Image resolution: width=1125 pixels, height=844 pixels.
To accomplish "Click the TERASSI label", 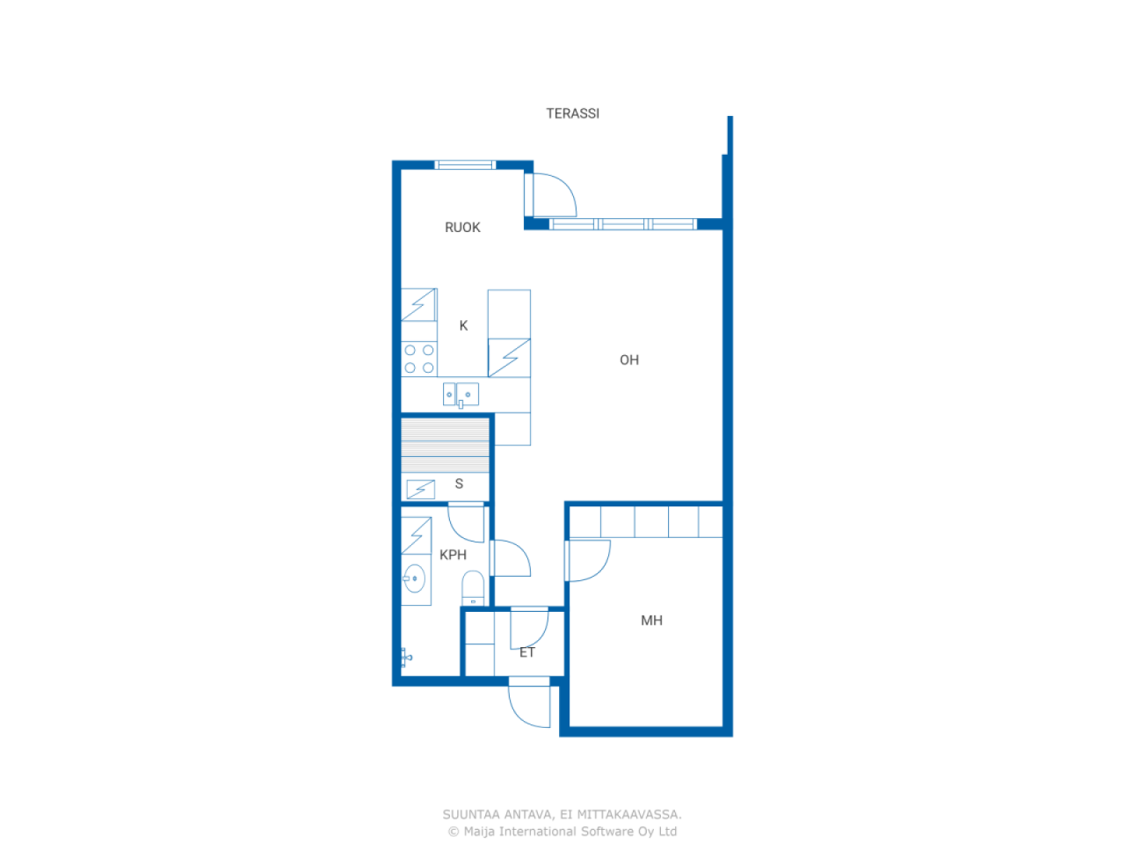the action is pos(572,113).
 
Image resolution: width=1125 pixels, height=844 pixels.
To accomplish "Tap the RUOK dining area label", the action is pos(462,227).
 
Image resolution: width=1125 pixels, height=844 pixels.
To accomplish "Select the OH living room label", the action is pos(629,360).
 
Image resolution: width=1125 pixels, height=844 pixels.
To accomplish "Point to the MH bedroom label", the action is pos(651,620).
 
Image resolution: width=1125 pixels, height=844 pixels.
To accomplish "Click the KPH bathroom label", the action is pos(453,555).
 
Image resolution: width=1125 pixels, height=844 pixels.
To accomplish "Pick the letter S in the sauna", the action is pos(459,484).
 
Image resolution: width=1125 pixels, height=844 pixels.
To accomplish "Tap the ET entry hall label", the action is pos(526,652).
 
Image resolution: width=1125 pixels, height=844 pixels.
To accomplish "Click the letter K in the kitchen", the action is pos(463,325).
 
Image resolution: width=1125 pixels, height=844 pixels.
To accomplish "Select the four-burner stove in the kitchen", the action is pos(418,359).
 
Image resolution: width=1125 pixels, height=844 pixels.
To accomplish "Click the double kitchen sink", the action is pos(461,395).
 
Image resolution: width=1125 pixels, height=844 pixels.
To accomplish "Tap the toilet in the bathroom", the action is pos(473,588).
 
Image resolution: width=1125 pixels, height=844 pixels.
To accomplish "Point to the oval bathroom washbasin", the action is pos(414,578).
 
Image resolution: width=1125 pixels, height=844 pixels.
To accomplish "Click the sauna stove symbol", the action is pos(420,489).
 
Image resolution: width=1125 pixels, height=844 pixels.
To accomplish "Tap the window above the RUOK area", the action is pos(465,165).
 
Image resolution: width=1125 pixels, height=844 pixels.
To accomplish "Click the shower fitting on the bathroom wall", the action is pos(406,658).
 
